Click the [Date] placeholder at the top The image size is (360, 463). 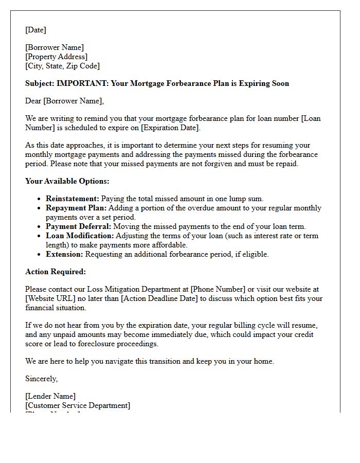[35, 30]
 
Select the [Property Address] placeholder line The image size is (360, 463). [56, 57]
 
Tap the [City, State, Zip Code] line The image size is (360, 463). [62, 66]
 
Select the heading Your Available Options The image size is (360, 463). [67, 181]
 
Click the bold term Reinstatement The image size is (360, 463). [72, 199]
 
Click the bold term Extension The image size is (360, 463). [64, 254]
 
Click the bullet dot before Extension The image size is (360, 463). [40, 254]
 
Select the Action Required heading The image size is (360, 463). [56, 272]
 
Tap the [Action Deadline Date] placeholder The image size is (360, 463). [161, 298]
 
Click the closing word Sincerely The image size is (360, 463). [42, 379]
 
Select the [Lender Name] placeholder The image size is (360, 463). [50, 396]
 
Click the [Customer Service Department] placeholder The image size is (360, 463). [78, 405]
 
